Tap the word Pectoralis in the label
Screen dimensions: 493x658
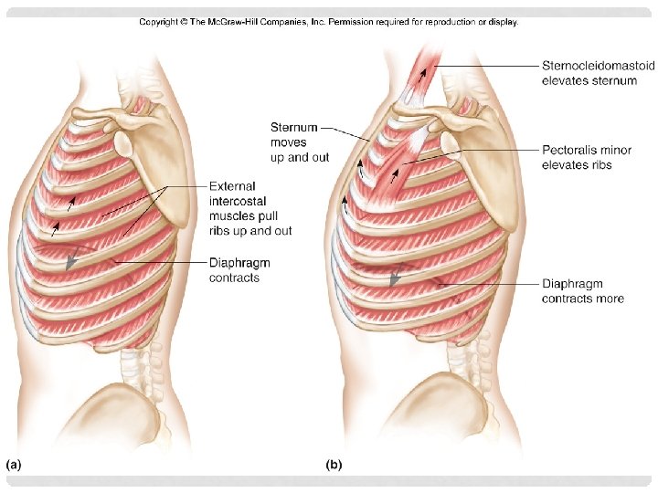[x=568, y=151]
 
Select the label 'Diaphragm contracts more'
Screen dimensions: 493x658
[x=583, y=291]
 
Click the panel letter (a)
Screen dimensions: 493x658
[x=15, y=465]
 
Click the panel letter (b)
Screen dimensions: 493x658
[x=334, y=465]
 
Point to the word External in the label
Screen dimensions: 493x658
[x=232, y=187]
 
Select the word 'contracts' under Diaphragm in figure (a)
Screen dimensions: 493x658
[x=234, y=278]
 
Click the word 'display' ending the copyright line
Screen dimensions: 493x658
[x=502, y=22]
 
